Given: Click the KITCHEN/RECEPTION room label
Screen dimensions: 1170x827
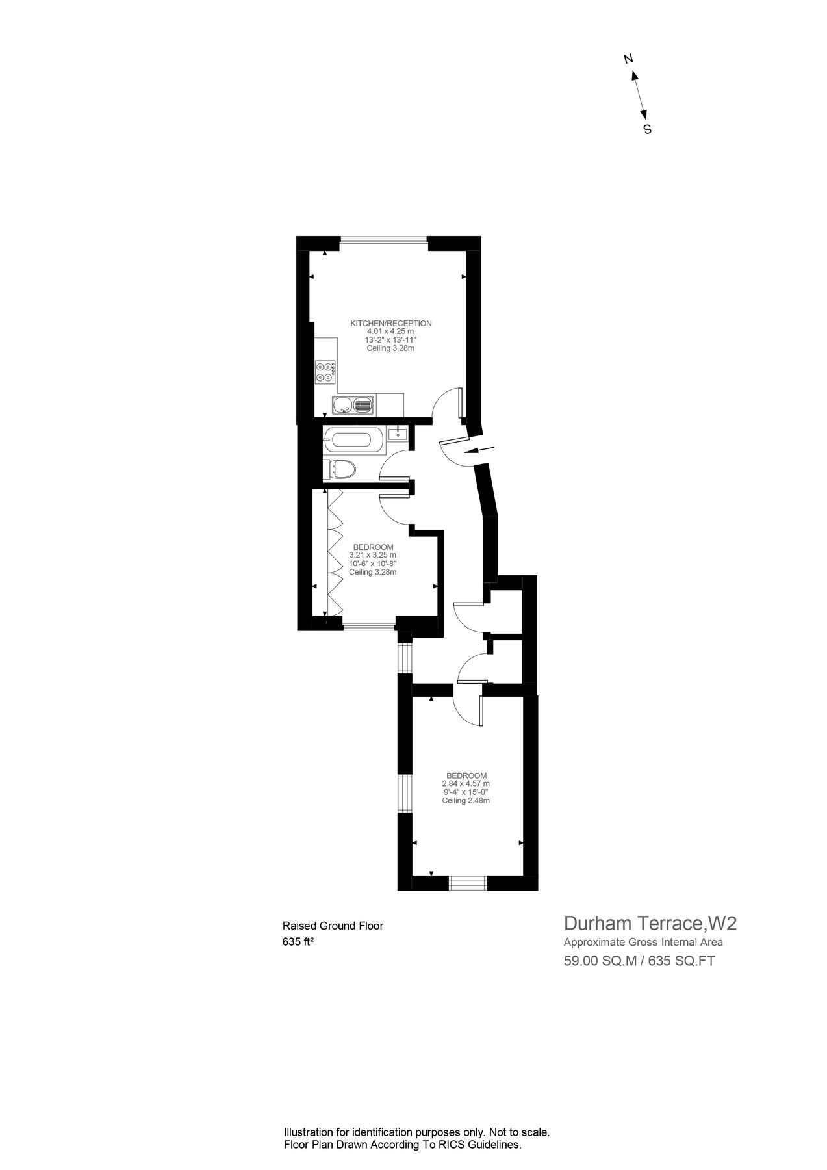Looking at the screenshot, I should pos(390,323).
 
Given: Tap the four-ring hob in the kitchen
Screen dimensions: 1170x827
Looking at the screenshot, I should pos(325,371).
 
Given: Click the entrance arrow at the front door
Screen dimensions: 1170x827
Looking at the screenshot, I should pos(481,449).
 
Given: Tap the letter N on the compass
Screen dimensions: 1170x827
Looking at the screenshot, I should pos(628,59).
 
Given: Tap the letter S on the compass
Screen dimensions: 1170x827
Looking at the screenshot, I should pos(647,129).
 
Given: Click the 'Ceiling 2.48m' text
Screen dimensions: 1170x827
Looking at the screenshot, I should pos(465,801).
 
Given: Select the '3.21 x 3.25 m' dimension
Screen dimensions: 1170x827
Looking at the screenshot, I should pos(372,555).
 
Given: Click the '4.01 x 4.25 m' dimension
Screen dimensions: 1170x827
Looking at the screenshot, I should pos(390,331).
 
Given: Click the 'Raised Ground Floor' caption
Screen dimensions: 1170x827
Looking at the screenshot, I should pos(333,926).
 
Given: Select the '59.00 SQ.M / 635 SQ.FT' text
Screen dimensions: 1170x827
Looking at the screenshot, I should pos(639,961).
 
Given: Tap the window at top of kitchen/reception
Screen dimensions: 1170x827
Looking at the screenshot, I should pos(383,240).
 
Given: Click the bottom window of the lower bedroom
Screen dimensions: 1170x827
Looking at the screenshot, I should pos(468,883).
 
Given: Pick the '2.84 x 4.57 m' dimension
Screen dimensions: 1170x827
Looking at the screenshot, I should pos(465,784).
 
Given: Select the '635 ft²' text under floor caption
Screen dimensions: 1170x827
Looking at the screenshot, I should pos(298,942).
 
